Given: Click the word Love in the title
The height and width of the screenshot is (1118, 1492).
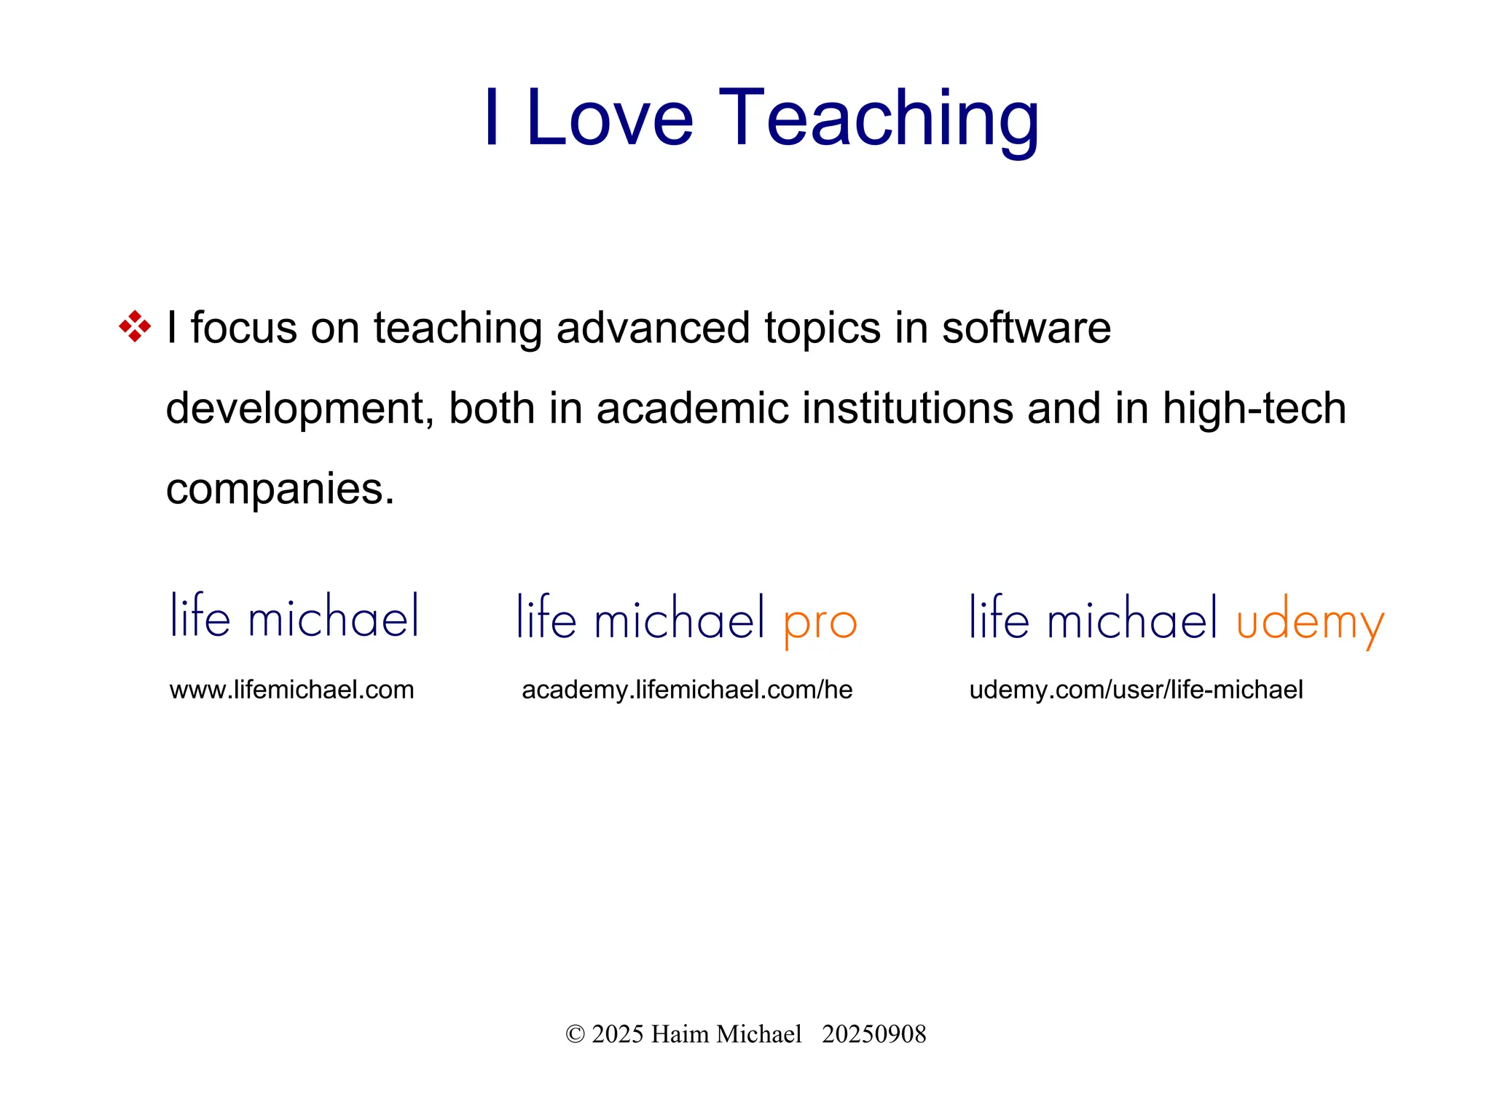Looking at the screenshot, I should (x=609, y=119).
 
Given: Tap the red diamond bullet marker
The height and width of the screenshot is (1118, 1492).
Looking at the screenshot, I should (x=135, y=326).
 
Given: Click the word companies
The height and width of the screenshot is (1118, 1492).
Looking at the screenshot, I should (x=280, y=489).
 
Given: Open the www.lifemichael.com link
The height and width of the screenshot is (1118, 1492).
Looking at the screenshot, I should (x=291, y=689).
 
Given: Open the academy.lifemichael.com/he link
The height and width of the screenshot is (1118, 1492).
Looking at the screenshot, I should (x=687, y=689).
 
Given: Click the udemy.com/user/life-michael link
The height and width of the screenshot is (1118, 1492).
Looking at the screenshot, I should (x=1136, y=689).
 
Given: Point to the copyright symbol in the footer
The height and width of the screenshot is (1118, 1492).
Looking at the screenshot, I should (x=575, y=1034).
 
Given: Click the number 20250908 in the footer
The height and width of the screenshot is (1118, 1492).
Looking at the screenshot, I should (x=873, y=1034).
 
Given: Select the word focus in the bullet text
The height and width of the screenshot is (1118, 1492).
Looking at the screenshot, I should (x=244, y=328).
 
